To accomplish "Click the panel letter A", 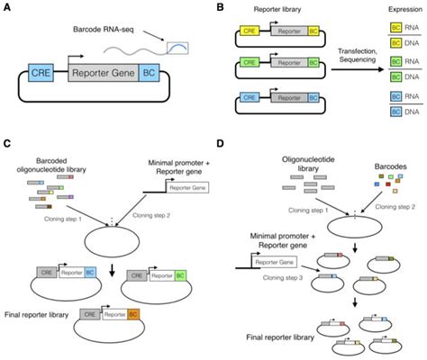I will pyautogui.click(x=7, y=7).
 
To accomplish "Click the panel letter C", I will pyautogui.click(x=7, y=144).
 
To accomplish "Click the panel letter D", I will pyautogui.click(x=223, y=144).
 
